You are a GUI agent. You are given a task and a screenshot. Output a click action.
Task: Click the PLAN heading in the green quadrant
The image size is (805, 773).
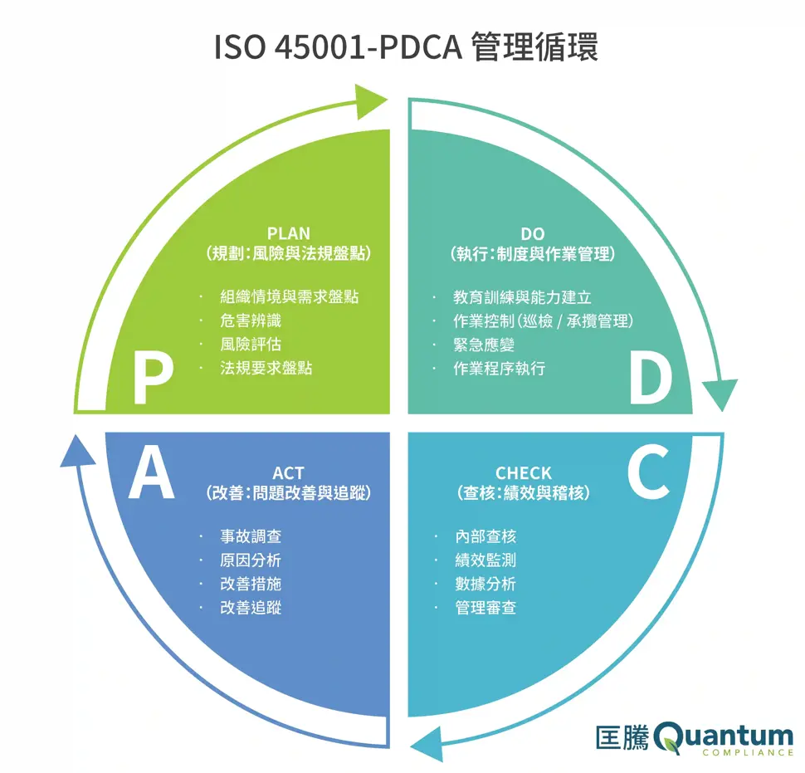point(288,233)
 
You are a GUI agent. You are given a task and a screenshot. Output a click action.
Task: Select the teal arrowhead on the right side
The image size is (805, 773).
point(719,393)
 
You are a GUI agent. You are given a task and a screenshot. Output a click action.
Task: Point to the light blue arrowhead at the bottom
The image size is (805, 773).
point(427,742)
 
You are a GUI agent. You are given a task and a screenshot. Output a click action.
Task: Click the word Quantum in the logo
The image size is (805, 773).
point(724,735)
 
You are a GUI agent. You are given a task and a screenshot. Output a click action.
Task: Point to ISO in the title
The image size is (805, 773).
point(240,47)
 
